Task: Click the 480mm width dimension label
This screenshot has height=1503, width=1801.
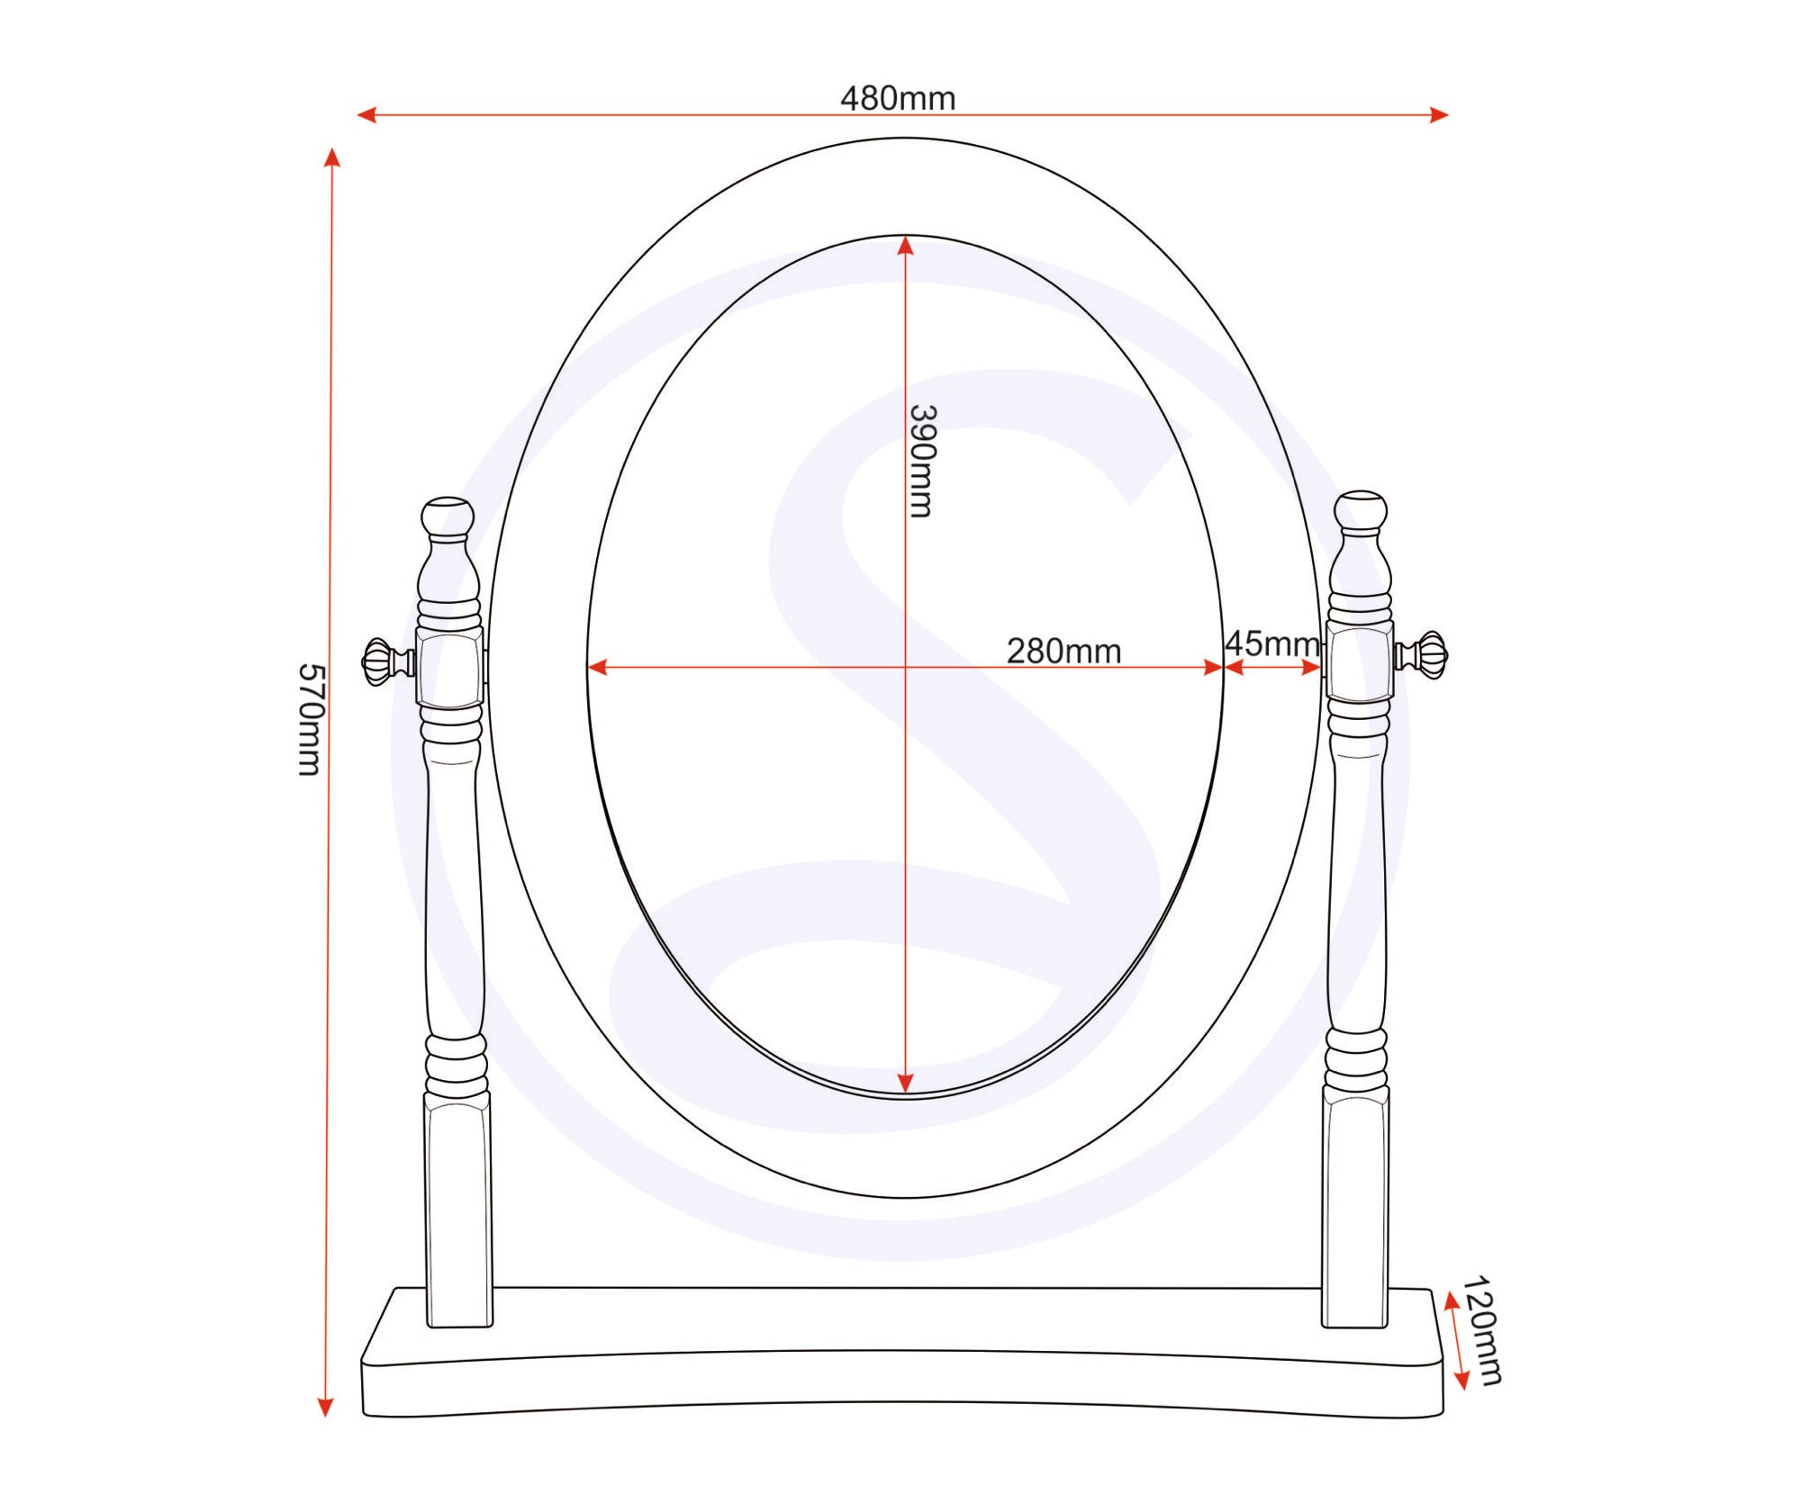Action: point(898,98)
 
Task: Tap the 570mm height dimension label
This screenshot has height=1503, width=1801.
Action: point(310,719)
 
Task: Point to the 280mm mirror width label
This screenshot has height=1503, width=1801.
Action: point(1063,651)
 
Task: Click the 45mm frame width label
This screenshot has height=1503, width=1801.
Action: point(1272,643)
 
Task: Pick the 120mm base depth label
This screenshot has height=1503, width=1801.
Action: point(1482,1330)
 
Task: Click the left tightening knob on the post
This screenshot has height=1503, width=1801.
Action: point(388,661)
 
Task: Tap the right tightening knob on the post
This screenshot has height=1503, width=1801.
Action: point(1421,654)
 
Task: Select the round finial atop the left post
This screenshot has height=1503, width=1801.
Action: point(448,517)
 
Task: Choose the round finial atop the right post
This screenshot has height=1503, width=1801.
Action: point(1361,511)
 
